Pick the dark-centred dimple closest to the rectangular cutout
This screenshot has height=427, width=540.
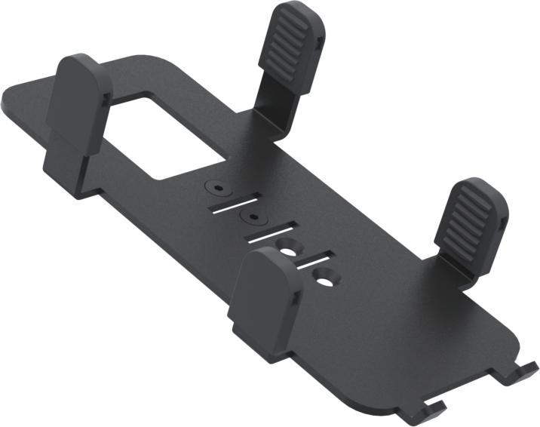[x=218, y=185]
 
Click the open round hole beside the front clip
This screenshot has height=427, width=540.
[x=288, y=246]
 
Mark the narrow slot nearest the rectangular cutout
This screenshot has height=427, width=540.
[x=230, y=203]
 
